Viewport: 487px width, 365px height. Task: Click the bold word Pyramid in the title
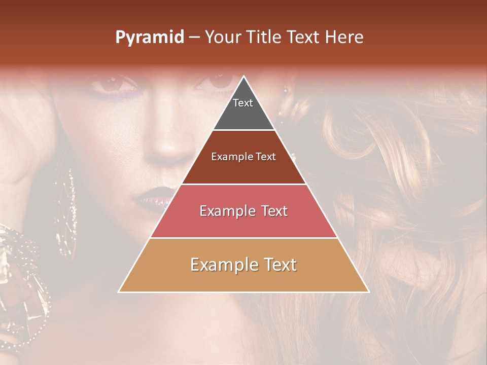point(150,38)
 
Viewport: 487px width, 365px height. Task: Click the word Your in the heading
point(222,38)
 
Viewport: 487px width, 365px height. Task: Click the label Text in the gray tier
point(243,103)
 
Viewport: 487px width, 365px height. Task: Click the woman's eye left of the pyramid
point(113,83)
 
